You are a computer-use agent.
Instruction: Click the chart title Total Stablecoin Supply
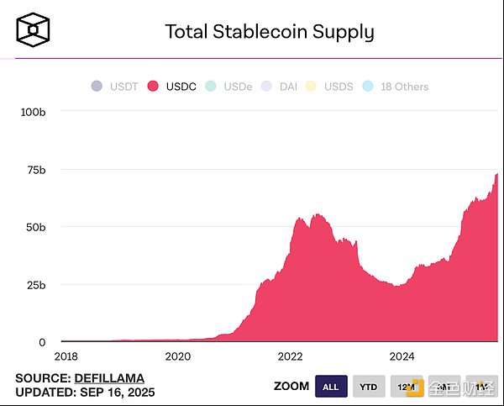pyautogui.click(x=269, y=32)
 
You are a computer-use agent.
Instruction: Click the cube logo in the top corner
pyautogui.click(x=33, y=30)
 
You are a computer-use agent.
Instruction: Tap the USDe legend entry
pyautogui.click(x=229, y=87)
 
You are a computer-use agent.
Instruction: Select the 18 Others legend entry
pyautogui.click(x=395, y=87)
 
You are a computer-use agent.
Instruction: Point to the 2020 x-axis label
pyautogui.click(x=178, y=356)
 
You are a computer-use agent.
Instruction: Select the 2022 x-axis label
pyautogui.click(x=291, y=356)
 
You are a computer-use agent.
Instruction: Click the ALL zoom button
pyautogui.click(x=331, y=386)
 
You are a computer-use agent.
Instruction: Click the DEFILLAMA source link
pyautogui.click(x=110, y=378)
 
